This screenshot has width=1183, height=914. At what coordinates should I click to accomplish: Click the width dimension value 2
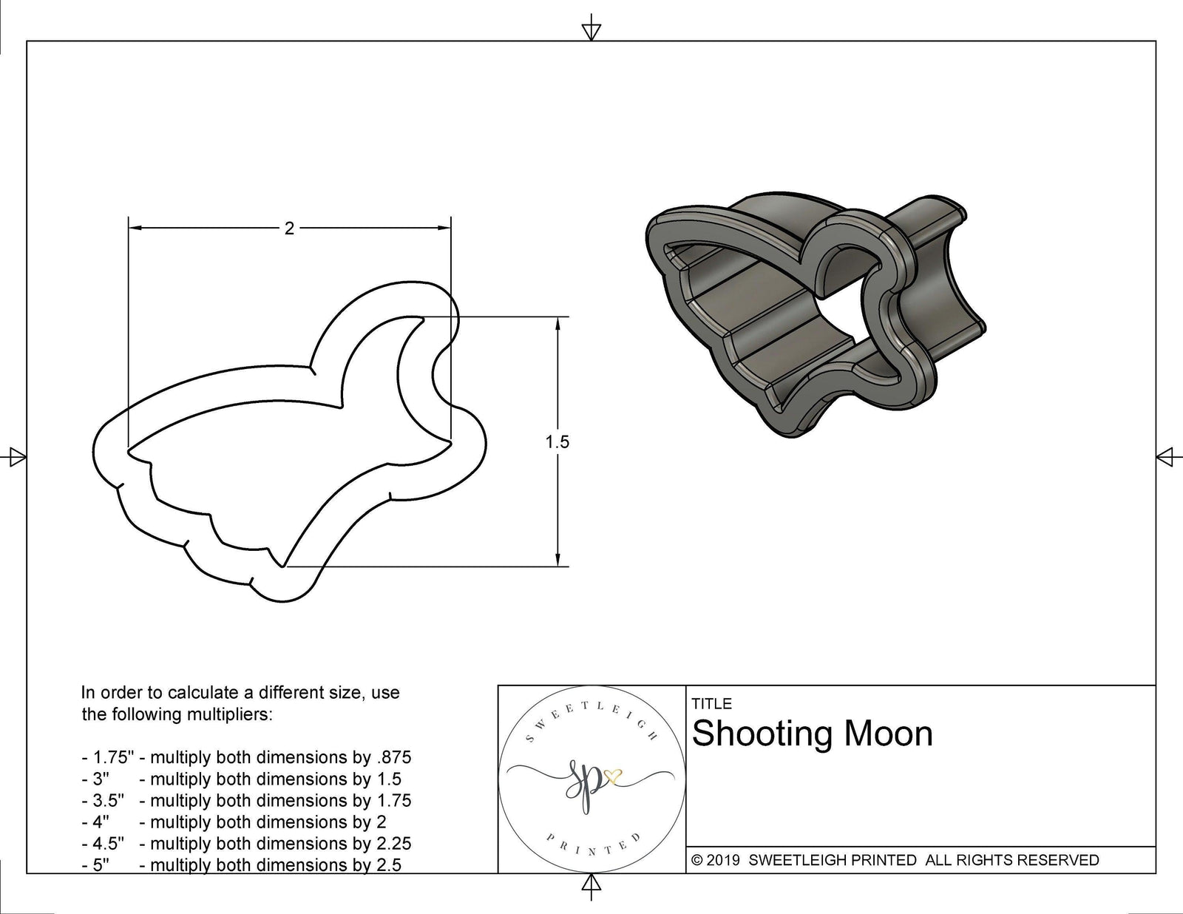tap(289, 228)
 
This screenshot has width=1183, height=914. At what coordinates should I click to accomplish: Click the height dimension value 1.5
tap(557, 441)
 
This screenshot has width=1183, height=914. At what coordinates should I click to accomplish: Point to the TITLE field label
tap(711, 704)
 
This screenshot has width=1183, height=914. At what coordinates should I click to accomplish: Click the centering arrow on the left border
tap(13, 457)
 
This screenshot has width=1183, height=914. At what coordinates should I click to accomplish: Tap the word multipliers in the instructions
tap(231, 714)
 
